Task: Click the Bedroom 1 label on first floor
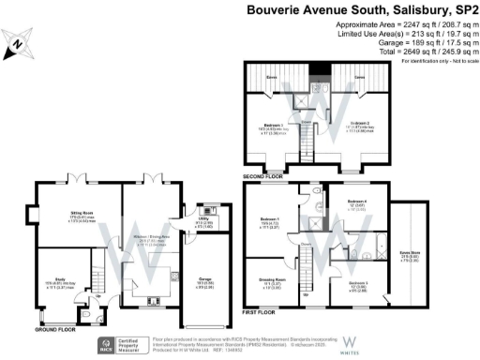271,223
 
